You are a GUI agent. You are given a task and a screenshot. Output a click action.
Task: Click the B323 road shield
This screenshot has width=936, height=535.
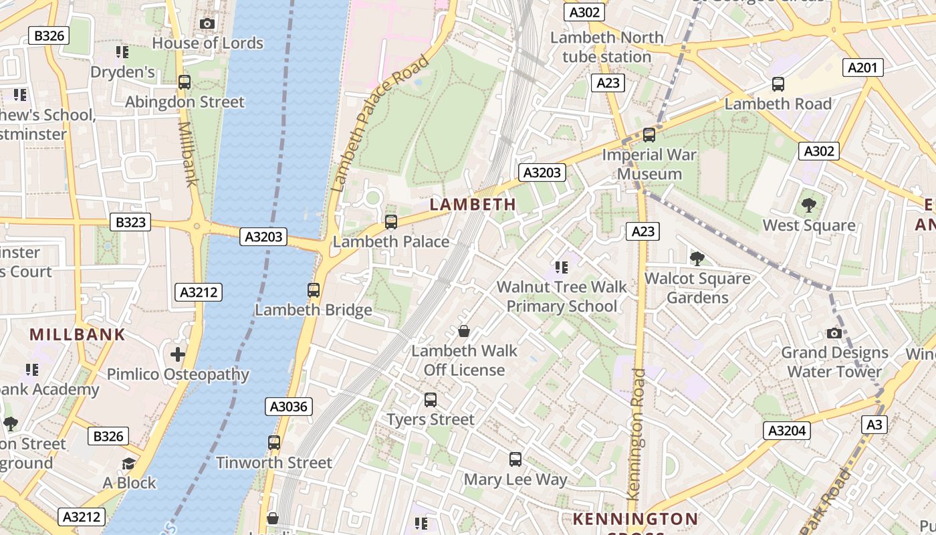(130, 222)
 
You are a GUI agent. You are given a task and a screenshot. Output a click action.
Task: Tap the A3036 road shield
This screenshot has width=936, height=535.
(289, 407)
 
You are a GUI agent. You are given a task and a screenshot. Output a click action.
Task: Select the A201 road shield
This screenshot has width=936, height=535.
(863, 68)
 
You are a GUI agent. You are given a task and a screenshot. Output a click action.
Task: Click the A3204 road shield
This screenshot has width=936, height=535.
(787, 431)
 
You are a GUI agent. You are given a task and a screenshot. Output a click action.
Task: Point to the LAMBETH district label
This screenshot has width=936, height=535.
(473, 205)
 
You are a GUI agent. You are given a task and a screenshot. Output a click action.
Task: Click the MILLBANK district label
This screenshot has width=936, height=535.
(78, 334)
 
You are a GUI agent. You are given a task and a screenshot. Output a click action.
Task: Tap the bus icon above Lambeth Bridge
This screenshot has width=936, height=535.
(314, 290)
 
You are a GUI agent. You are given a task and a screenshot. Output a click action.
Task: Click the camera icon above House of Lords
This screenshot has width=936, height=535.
(207, 24)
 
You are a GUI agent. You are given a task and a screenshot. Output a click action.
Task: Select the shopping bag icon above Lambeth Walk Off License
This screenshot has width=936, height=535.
(463, 331)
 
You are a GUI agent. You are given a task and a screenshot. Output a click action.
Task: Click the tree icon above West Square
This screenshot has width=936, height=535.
(809, 205)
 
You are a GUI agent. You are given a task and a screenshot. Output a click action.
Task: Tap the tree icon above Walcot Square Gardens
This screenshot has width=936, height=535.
(697, 258)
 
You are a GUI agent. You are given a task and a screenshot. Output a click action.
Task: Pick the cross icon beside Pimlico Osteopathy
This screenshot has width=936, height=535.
(178, 354)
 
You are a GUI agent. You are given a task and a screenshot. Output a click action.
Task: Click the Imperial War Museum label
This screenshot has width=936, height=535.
(649, 165)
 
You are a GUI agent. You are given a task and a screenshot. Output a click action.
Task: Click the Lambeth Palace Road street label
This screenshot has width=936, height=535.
(380, 124)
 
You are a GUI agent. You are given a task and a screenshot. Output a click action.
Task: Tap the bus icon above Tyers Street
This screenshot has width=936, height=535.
(431, 400)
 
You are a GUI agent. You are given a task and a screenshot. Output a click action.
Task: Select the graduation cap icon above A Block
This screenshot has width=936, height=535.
(128, 463)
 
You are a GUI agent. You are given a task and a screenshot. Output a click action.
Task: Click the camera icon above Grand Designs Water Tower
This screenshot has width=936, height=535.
(834, 333)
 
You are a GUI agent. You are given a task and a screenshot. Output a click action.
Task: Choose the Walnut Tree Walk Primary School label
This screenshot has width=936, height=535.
(562, 297)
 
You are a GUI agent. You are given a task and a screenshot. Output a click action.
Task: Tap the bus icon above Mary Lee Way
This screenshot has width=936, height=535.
(515, 459)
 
